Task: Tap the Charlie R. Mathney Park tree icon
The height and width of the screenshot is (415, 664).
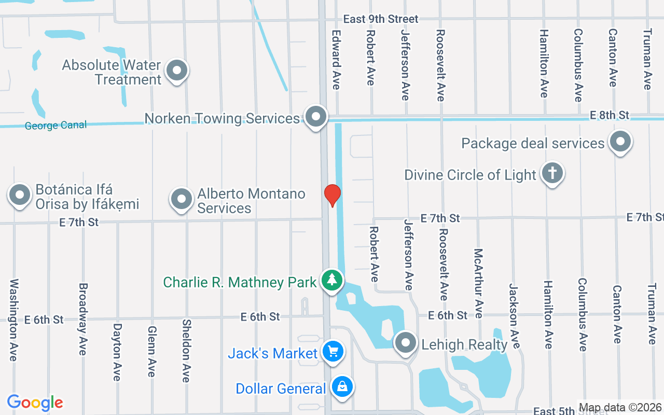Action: (332, 280)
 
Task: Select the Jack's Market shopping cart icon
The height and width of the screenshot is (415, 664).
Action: (332, 352)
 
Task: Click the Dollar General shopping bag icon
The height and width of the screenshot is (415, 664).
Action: (342, 386)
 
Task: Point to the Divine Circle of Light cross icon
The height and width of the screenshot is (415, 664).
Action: (552, 173)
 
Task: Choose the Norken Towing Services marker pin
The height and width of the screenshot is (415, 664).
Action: (315, 117)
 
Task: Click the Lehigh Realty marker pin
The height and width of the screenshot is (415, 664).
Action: (406, 342)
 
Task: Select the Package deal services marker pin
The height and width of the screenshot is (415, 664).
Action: (620, 141)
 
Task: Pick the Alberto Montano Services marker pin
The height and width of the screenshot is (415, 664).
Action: (182, 199)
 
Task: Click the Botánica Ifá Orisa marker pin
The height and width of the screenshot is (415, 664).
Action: (20, 196)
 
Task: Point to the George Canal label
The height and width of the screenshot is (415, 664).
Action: (56, 126)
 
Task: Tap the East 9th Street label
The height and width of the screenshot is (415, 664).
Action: (380, 19)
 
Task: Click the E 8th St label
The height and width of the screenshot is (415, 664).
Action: (609, 115)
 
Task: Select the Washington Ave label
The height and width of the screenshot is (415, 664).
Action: (13, 320)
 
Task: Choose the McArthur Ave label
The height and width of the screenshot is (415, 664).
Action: (478, 283)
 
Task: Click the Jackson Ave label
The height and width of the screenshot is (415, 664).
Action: (514, 315)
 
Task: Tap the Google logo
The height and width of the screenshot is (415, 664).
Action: (35, 403)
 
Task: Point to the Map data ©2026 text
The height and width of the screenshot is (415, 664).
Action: (620, 408)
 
